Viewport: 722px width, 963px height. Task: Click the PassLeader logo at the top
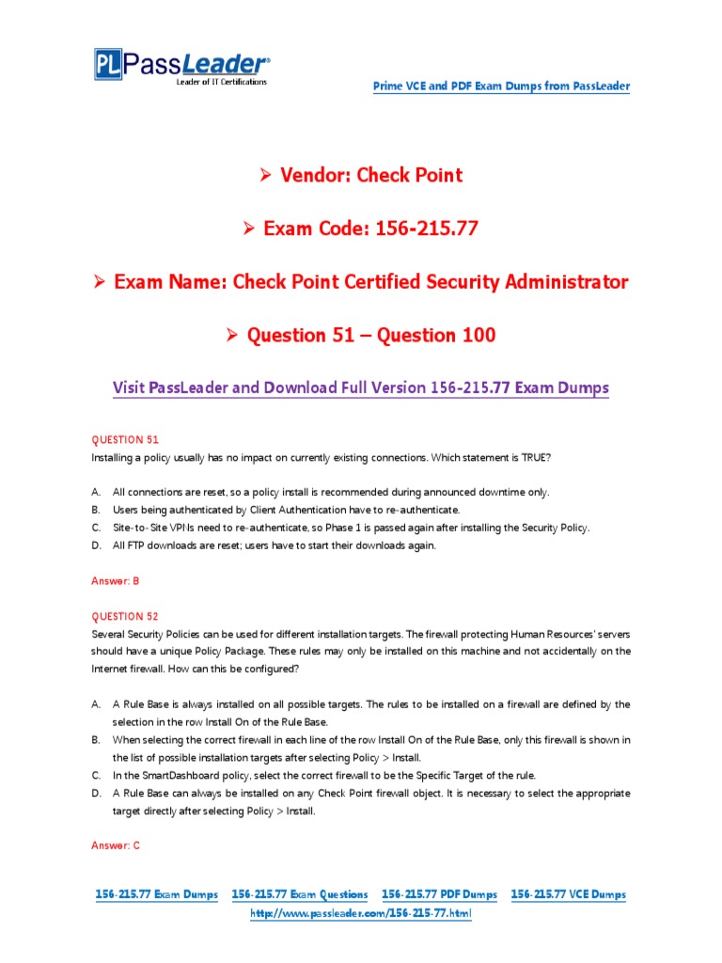180,66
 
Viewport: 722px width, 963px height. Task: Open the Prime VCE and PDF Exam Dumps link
501,87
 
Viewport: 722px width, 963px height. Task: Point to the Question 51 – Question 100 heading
371,336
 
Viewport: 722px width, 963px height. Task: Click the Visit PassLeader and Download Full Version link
361,387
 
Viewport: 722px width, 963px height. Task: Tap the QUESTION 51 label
125,439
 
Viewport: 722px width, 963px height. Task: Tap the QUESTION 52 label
125,616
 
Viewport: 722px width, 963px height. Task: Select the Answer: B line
115,581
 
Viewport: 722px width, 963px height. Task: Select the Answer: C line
115,845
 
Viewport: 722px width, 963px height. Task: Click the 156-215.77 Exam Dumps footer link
157,894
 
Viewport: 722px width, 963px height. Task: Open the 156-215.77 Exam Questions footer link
300,894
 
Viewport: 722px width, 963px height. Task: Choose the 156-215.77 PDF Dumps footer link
439,894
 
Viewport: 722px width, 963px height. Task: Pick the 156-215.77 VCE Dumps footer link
568,894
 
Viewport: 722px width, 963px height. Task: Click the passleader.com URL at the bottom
361,913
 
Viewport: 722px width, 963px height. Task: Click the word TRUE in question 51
540,457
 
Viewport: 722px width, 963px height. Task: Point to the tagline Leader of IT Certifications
222,83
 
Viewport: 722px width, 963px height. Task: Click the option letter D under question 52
96,793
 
